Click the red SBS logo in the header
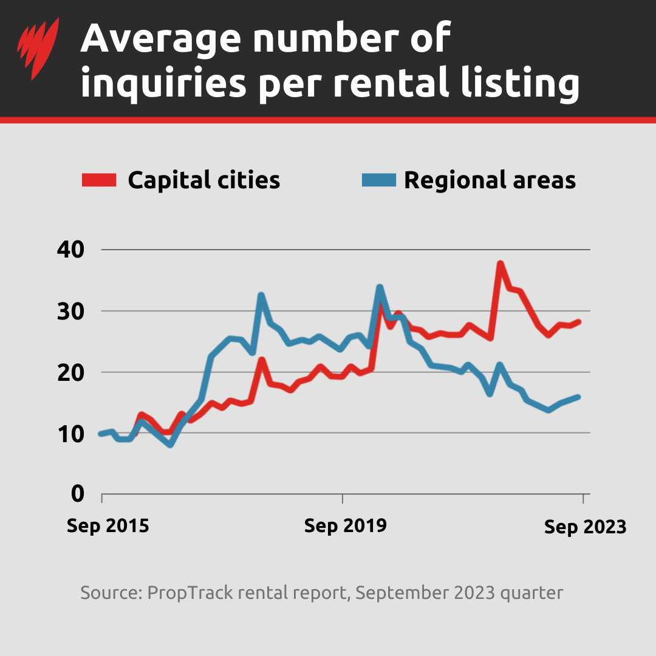tap(38, 49)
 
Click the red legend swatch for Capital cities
tap(99, 180)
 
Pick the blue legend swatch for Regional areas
tap(378, 180)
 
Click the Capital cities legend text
tap(203, 180)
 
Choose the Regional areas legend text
tap(490, 180)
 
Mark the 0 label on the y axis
tap(77, 494)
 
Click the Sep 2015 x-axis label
tap(108, 525)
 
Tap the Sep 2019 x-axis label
tap(345, 525)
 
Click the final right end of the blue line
tap(578, 397)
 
